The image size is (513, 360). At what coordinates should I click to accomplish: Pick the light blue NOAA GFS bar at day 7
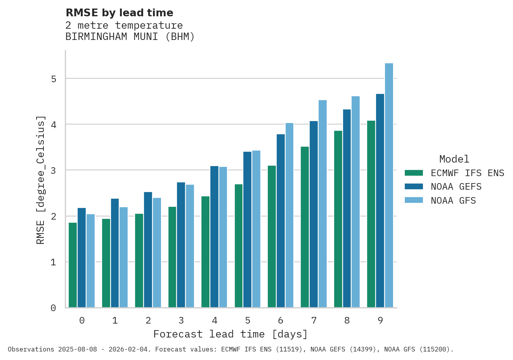pyautogui.click(x=322, y=204)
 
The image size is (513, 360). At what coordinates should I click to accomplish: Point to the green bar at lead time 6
pyautogui.click(x=272, y=237)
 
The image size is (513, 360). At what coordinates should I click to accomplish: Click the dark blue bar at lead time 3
pyautogui.click(x=181, y=245)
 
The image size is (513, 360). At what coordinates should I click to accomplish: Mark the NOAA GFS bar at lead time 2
pyautogui.click(x=157, y=253)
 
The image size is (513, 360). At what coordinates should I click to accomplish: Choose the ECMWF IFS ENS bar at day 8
pyautogui.click(x=338, y=219)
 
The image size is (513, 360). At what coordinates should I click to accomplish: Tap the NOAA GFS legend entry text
pyautogui.click(x=453, y=201)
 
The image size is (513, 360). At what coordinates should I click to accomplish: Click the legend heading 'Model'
pyautogui.click(x=454, y=159)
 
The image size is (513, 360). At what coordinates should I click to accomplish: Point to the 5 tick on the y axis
pyautogui.click(x=54, y=79)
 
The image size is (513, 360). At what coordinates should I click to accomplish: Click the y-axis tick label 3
pyautogui.click(x=54, y=171)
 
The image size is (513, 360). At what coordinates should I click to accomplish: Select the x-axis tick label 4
pyautogui.click(x=215, y=320)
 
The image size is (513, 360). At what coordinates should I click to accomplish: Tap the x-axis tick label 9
pyautogui.click(x=380, y=320)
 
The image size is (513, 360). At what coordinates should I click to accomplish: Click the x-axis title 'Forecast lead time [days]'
pyautogui.click(x=231, y=334)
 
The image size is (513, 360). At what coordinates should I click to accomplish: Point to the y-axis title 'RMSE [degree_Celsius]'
pyautogui.click(x=40, y=180)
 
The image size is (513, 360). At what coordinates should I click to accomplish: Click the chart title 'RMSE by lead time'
pyautogui.click(x=120, y=13)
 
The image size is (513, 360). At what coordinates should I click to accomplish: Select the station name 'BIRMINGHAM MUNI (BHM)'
pyautogui.click(x=130, y=37)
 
